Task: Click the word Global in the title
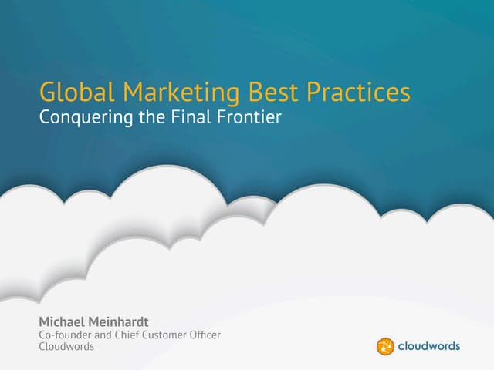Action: click(x=76, y=92)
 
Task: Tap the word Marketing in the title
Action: click(x=181, y=93)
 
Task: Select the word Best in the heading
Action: click(x=272, y=92)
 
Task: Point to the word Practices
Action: click(x=358, y=92)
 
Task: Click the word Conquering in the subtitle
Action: click(x=86, y=118)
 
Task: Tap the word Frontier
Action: click(x=249, y=116)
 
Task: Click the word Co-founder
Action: click(x=65, y=335)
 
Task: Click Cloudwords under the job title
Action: click(x=66, y=346)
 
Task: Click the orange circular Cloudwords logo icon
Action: click(x=385, y=346)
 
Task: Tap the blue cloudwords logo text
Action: click(x=429, y=346)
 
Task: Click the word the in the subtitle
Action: click(x=152, y=116)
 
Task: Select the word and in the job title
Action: click(x=103, y=335)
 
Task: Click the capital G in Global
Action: click(x=46, y=92)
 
